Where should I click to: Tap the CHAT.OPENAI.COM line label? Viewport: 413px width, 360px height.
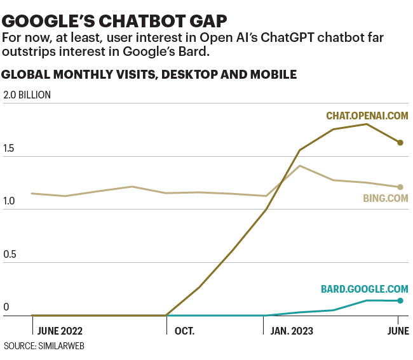[x=367, y=116]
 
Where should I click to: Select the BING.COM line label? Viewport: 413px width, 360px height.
[x=385, y=198]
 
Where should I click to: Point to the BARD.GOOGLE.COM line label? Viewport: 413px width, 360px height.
[x=364, y=289]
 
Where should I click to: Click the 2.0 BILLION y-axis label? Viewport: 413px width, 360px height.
[x=27, y=95]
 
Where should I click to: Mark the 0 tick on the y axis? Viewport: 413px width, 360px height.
[x=6, y=307]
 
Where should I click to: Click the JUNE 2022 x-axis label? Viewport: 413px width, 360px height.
[x=60, y=331]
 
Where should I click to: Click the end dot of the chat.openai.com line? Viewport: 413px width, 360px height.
[x=400, y=143]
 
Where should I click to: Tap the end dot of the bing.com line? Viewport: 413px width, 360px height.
[x=400, y=187]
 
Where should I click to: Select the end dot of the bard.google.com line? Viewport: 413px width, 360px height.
[x=400, y=301]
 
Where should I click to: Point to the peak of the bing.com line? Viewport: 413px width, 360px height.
[x=299, y=166]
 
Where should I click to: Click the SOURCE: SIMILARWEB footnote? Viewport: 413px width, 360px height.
[x=44, y=347]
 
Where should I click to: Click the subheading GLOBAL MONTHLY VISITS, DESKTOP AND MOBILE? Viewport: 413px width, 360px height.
[x=149, y=74]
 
